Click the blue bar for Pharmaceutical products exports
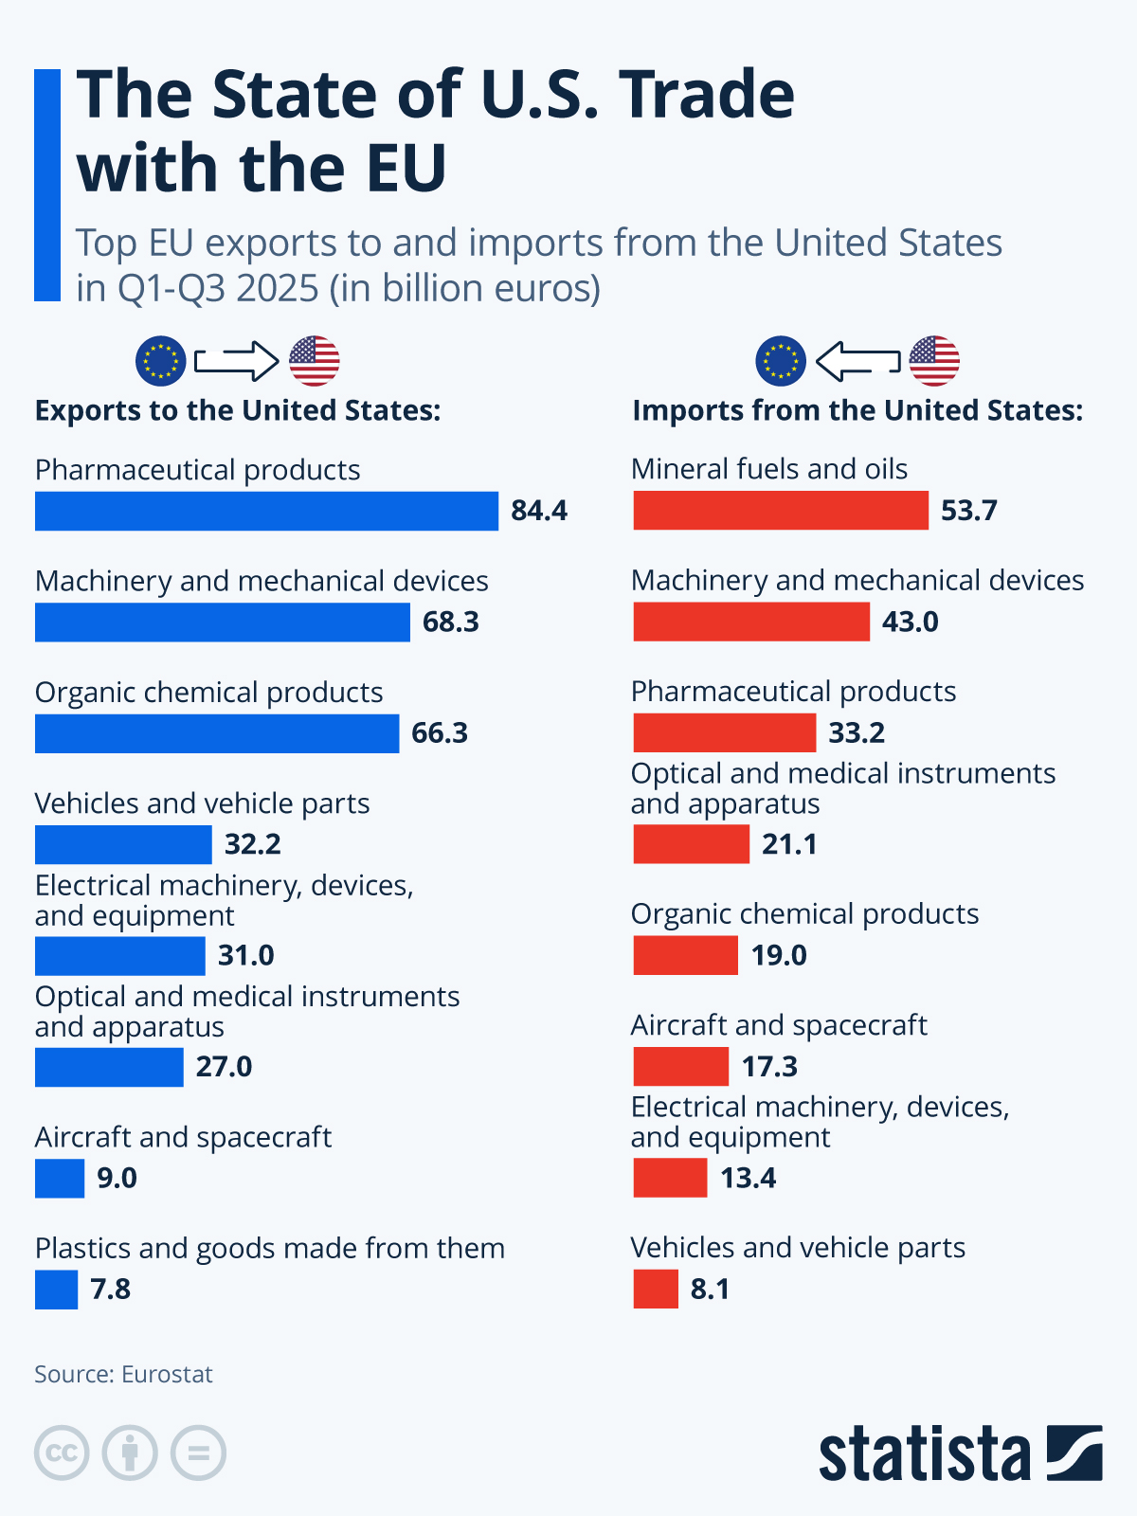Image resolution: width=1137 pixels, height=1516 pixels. [x=266, y=511]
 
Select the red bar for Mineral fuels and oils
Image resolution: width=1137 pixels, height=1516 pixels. [x=780, y=511]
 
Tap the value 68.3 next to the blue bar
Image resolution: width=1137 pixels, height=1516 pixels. [x=451, y=623]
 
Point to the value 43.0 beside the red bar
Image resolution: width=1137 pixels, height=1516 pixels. [x=910, y=623]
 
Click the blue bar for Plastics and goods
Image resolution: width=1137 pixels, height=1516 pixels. [x=56, y=1290]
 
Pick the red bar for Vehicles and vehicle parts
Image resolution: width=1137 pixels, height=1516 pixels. [x=656, y=1290]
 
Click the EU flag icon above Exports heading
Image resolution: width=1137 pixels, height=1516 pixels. [x=160, y=361]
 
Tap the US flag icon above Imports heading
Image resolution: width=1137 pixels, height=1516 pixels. [x=933, y=361]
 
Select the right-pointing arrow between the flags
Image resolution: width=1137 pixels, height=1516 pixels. [x=236, y=361]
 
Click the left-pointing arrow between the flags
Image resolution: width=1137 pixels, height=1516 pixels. [x=857, y=361]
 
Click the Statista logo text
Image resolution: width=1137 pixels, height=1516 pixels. [x=925, y=1453]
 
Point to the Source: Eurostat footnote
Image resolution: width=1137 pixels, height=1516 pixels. [x=123, y=1374]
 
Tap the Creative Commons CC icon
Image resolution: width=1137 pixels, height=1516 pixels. [x=62, y=1453]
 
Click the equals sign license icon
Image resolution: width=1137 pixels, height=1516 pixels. [x=198, y=1453]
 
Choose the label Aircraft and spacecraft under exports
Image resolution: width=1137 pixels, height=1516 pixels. [x=183, y=1137]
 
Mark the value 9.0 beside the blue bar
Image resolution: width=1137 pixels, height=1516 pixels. [x=117, y=1179]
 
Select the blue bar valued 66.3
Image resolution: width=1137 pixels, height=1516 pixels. [x=217, y=733]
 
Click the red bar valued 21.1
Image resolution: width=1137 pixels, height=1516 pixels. [x=691, y=844]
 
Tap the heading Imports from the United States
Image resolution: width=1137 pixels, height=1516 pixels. [x=857, y=410]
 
